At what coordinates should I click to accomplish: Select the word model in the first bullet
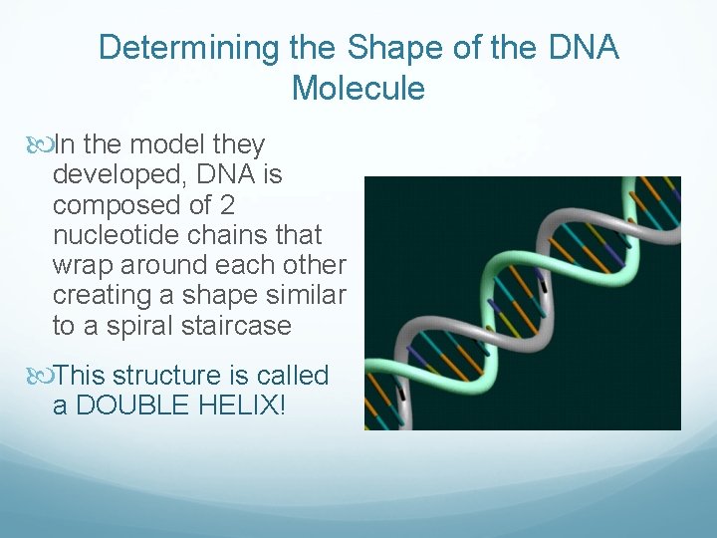point(180,145)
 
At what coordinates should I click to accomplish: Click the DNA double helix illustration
point(522,303)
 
